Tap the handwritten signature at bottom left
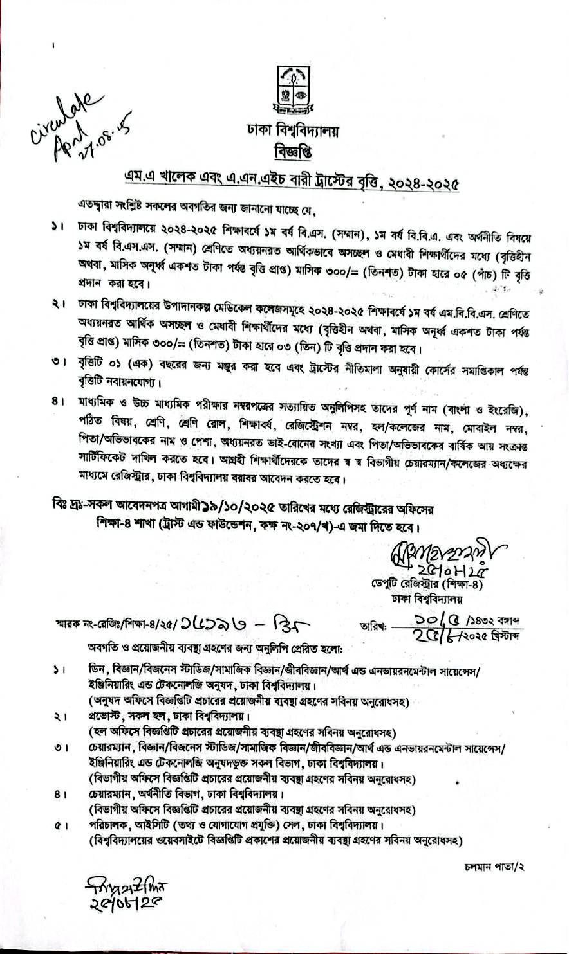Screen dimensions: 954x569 [119, 894]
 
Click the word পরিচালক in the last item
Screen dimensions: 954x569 [109, 825]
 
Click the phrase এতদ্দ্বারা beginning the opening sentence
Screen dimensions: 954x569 [94, 209]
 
